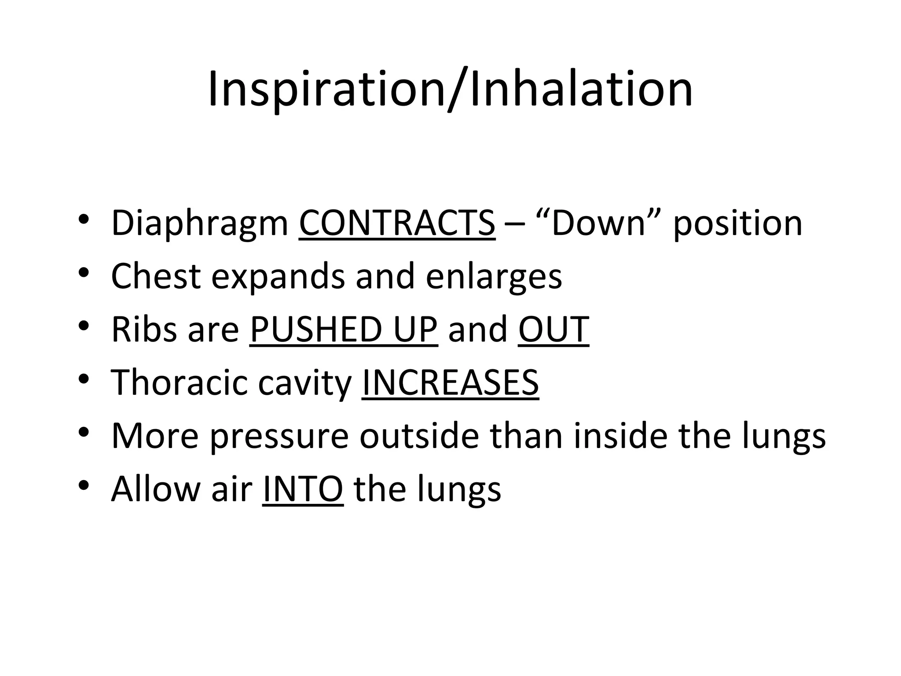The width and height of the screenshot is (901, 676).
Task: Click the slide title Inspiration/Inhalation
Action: [450, 90]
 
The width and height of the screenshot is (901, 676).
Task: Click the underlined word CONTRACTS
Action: [397, 223]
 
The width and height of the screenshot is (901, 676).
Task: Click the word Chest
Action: [156, 276]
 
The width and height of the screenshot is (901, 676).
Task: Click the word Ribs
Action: [143, 329]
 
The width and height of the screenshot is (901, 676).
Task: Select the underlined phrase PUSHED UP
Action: [344, 329]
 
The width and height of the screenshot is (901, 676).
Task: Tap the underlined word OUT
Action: [553, 329]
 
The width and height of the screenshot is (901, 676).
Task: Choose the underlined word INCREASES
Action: [450, 382]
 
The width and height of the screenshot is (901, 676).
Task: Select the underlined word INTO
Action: [303, 489]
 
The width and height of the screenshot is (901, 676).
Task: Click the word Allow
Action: [156, 489]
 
